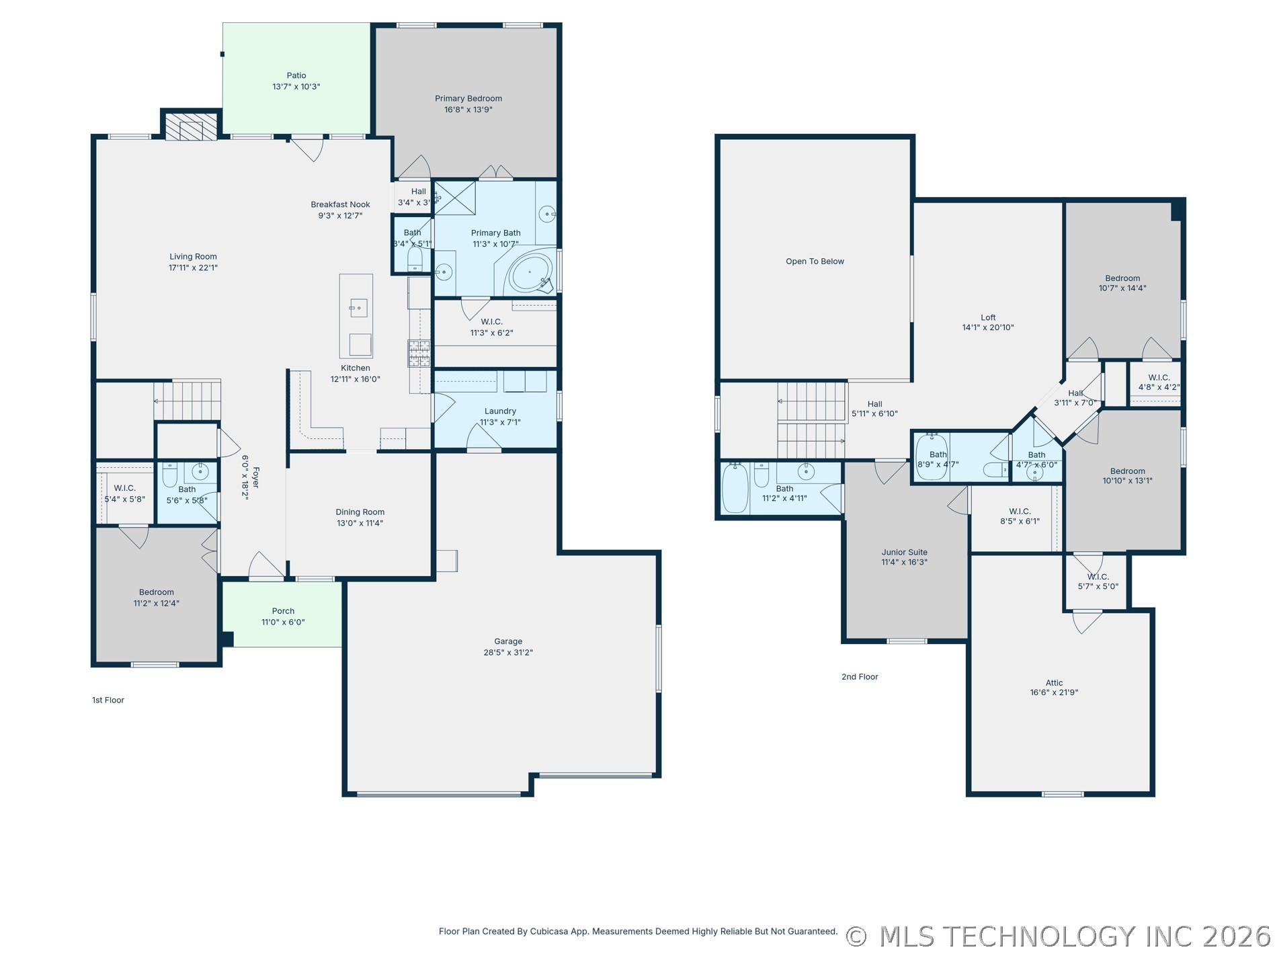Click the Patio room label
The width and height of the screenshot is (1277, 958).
click(x=296, y=76)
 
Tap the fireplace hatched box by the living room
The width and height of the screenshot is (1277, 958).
click(x=192, y=126)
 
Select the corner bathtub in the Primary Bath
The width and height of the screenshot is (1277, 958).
click(x=530, y=272)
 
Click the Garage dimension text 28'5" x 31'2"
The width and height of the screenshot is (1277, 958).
click(x=508, y=653)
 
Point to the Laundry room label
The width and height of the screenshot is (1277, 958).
click(x=500, y=411)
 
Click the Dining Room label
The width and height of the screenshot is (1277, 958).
click(x=360, y=512)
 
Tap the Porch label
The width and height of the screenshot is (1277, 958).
click(x=283, y=611)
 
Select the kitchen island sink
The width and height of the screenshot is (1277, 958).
click(x=358, y=309)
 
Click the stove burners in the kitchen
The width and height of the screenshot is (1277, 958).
click(x=419, y=353)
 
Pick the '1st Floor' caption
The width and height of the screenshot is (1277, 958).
click(x=108, y=701)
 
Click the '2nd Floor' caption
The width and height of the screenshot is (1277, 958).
click(x=860, y=677)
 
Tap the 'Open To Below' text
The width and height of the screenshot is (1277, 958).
click(x=815, y=262)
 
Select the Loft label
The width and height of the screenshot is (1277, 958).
click(x=988, y=318)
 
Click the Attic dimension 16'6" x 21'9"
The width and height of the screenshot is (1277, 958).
click(x=1054, y=693)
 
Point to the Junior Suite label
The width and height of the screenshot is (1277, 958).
click(x=904, y=553)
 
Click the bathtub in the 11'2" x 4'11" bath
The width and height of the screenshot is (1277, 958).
click(x=735, y=488)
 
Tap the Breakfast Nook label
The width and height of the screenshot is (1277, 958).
click(x=340, y=205)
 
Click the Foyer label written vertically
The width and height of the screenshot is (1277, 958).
click(x=255, y=478)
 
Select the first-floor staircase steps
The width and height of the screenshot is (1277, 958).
click(x=188, y=401)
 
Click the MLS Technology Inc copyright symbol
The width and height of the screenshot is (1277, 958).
click(x=856, y=937)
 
